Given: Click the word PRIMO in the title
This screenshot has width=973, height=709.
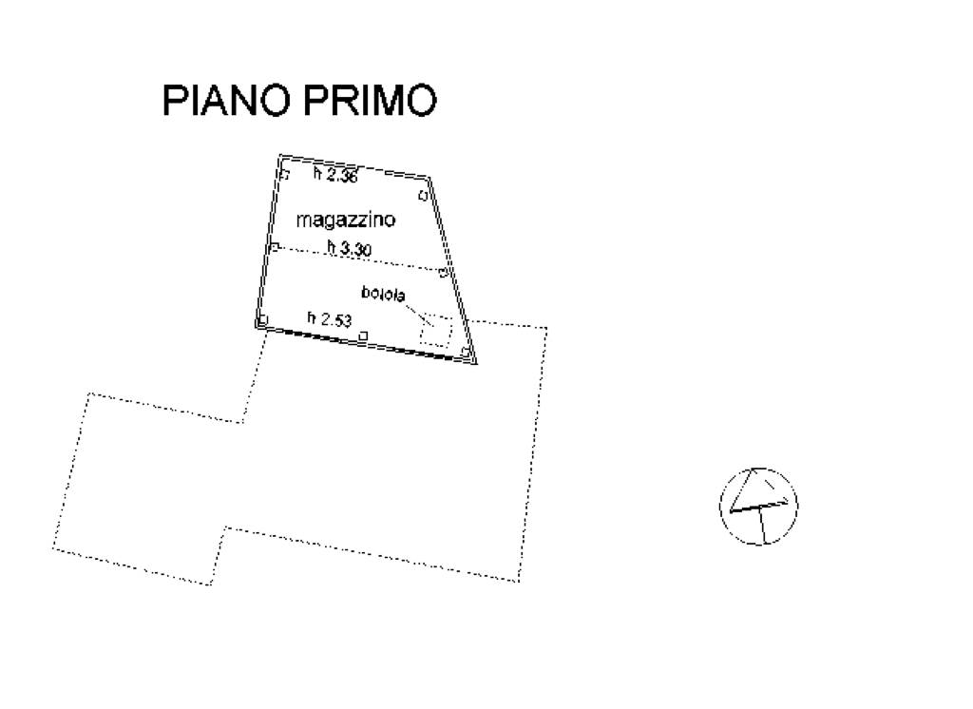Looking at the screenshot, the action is [370, 100].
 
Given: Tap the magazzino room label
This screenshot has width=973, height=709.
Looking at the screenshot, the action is [346, 220].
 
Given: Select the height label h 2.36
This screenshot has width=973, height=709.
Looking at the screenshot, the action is [335, 175].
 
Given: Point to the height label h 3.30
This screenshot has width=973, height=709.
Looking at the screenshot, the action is [350, 248].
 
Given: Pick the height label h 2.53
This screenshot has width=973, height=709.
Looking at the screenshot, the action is [330, 318].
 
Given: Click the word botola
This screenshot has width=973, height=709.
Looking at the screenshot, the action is [383, 293].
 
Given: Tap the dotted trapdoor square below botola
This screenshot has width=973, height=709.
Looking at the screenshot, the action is [435, 331].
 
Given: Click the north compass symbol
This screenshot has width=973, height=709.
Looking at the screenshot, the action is [758, 507].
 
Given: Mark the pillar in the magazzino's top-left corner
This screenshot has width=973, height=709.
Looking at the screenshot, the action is [285, 175].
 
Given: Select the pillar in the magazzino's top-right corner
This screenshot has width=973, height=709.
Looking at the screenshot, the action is [423, 196].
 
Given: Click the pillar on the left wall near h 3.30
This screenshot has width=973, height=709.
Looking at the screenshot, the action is [275, 247].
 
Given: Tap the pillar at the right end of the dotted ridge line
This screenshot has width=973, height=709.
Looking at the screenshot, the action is [443, 273].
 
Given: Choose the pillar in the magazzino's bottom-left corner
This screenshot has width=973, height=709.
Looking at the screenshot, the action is [262, 319].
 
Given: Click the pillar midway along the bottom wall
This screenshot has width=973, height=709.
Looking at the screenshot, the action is [364, 335].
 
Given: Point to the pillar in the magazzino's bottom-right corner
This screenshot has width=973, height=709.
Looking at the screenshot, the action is [466, 353].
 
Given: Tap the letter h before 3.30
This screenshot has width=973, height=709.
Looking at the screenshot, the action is [332, 247].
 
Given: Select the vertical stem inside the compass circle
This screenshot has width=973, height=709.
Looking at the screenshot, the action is [761, 526].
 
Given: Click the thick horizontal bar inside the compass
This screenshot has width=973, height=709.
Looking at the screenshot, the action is [759, 507].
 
